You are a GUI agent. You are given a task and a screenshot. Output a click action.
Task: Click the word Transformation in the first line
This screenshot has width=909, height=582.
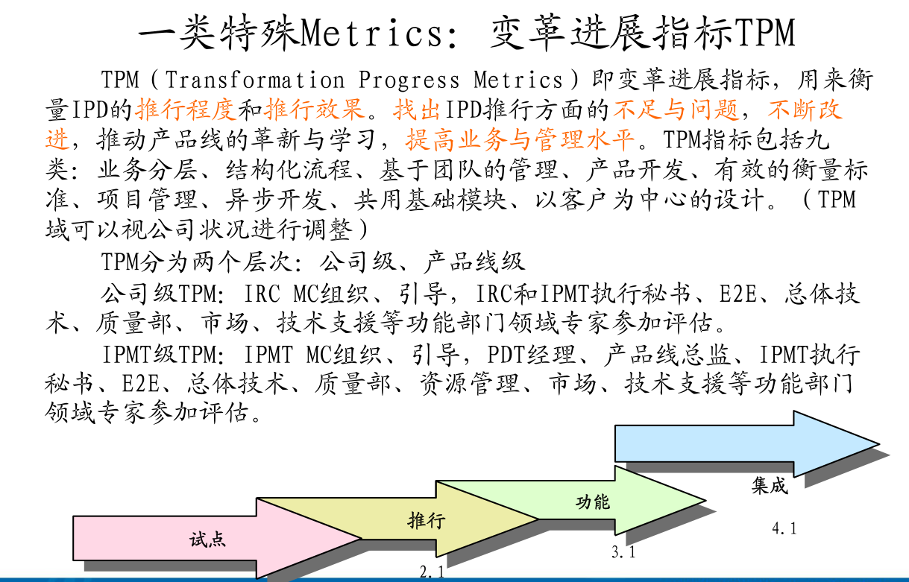255,80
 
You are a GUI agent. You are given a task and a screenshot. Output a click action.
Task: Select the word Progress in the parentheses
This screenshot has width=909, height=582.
409,80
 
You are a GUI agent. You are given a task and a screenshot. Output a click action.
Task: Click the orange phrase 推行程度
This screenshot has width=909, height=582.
186,110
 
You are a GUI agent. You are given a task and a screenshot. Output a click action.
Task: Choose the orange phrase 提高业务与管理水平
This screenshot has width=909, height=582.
520,139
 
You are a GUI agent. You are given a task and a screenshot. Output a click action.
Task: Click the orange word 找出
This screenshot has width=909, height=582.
417,110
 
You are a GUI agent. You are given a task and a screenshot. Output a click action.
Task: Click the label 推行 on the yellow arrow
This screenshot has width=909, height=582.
427,520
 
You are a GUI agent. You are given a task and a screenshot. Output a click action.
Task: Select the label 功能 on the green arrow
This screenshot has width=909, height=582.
593,502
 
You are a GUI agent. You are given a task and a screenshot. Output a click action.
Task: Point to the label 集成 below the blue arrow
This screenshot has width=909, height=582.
770,485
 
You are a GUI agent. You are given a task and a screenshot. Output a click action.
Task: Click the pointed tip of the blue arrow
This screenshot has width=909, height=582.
878,444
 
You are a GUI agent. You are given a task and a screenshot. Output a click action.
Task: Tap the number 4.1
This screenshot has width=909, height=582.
784,528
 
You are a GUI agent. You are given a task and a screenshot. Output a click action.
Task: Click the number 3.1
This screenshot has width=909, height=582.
623,552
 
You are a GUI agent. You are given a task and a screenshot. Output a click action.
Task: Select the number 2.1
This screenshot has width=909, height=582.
433,572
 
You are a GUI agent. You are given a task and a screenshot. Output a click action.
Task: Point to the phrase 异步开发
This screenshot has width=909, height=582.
276,200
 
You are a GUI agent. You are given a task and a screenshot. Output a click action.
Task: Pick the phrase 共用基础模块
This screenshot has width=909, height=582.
430,200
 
